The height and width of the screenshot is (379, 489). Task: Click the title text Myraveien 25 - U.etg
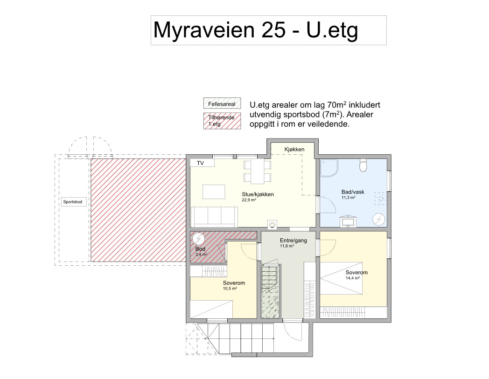[255, 31]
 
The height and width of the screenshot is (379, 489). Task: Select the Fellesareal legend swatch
[222, 103]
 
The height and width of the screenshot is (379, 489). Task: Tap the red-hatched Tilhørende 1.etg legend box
[222, 121]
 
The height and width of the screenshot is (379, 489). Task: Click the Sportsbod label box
[73, 202]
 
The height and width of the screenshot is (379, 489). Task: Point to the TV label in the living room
[200, 163]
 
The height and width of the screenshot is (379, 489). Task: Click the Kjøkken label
[294, 149]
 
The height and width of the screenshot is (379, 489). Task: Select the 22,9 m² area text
[249, 200]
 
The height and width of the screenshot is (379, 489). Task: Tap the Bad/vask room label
[353, 192]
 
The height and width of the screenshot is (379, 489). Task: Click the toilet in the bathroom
[363, 165]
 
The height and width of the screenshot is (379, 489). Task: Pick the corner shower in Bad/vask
[329, 168]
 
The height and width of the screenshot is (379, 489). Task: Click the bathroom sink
[348, 221]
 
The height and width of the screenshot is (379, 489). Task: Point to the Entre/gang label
[293, 240]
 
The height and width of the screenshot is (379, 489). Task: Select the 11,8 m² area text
[287, 246]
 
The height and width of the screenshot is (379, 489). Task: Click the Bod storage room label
[200, 249]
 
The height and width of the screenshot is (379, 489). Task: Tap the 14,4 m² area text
[353, 278]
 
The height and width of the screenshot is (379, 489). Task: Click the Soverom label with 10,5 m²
[234, 283]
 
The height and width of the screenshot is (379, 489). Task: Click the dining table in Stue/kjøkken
[258, 172]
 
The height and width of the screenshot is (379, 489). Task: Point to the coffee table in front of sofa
[214, 192]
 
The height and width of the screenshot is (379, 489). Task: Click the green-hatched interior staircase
[270, 292]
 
